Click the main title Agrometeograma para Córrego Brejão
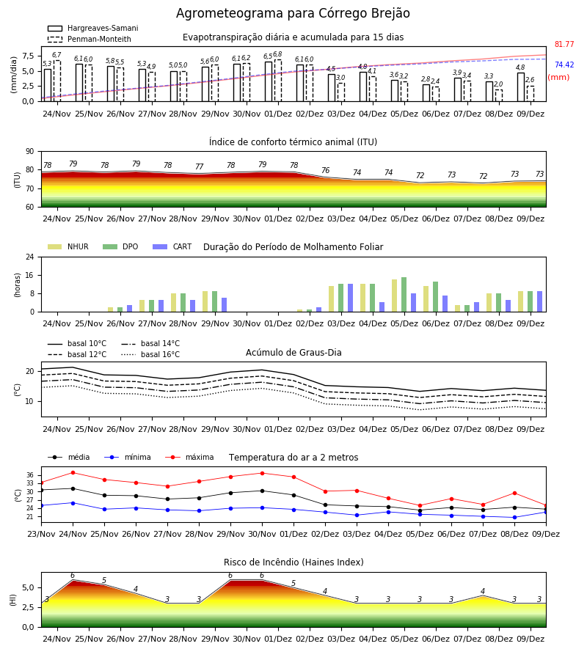click(x=293, y=13)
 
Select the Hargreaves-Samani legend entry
click(x=92, y=28)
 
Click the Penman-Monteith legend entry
click(x=90, y=39)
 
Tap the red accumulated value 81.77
click(x=564, y=44)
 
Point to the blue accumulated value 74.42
click(x=564, y=65)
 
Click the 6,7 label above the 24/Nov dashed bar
click(x=56, y=55)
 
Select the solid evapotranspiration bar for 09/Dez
click(x=521, y=87)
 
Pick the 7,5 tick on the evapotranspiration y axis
click(x=28, y=56)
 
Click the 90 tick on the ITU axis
click(x=30, y=152)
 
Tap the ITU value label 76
click(x=326, y=170)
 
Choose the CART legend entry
click(x=172, y=246)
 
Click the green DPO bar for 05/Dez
click(x=404, y=295)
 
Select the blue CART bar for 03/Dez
click(x=350, y=298)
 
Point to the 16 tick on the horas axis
click(x=30, y=275)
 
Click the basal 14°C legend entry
click(x=150, y=343)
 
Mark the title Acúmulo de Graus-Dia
click(x=293, y=353)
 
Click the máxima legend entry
click(x=189, y=457)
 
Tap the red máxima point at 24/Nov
click(x=73, y=473)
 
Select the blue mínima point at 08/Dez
click(x=514, y=517)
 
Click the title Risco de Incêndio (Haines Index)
click(x=293, y=562)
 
